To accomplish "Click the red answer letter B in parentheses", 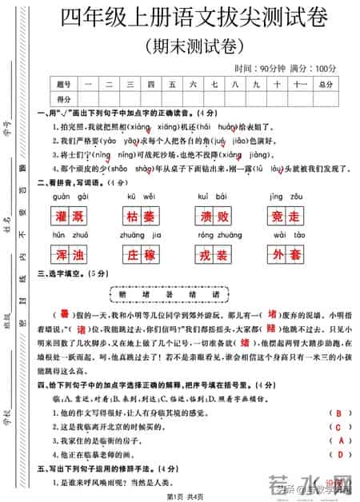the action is coord(341,412).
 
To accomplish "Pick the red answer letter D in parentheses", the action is coord(341,455).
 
